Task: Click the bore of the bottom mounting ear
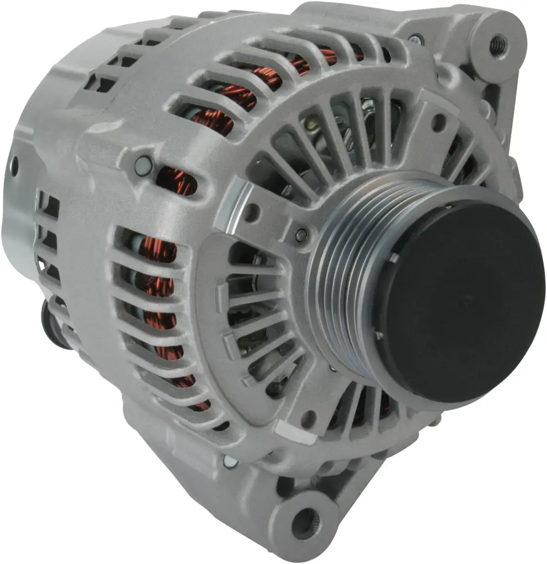click(x=304, y=518)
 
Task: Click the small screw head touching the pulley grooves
click(x=300, y=236)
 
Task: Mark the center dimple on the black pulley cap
click(x=462, y=302)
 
